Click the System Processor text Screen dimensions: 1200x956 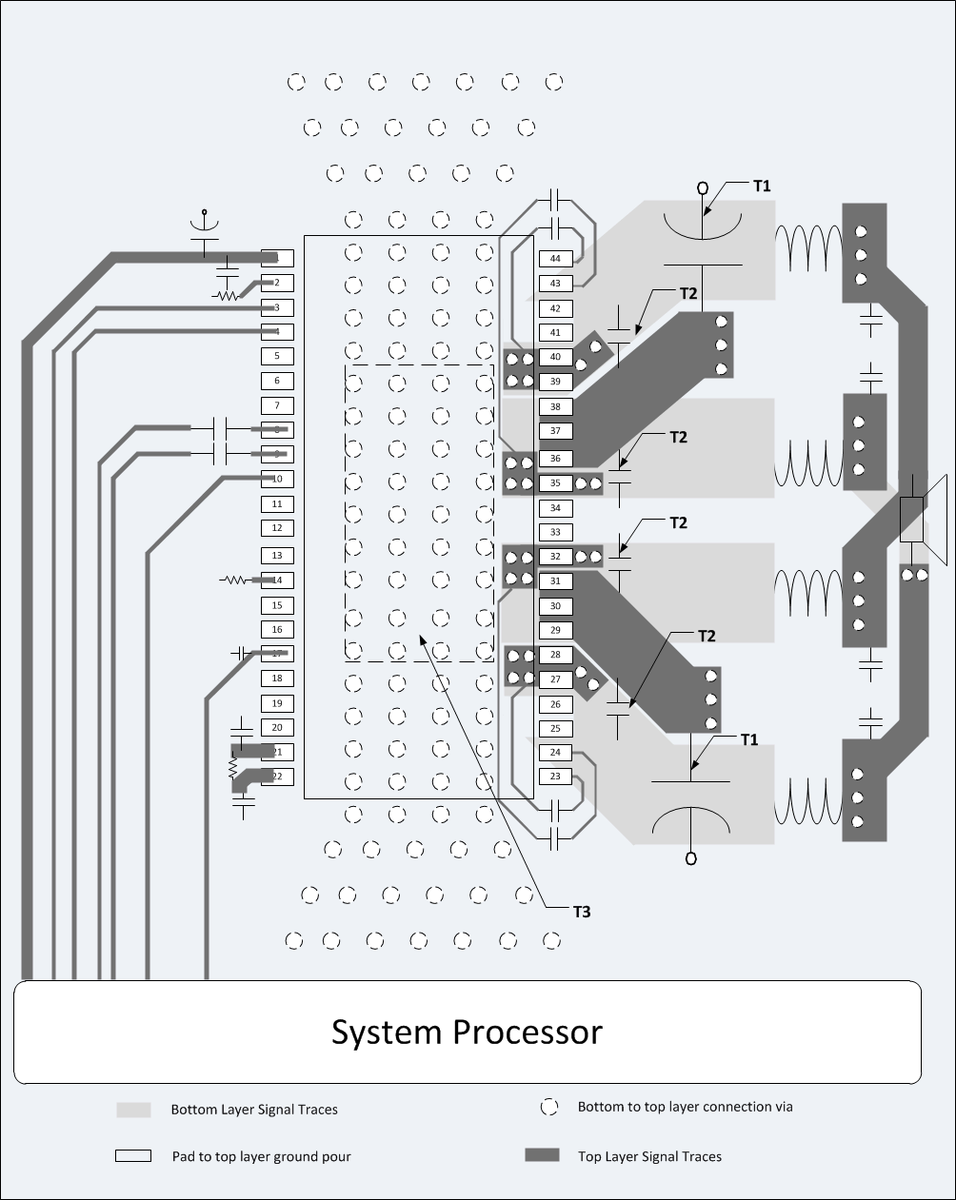[467, 1032]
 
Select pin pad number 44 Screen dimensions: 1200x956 [555, 259]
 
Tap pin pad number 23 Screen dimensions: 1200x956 [555, 777]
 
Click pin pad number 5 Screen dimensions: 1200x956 [277, 356]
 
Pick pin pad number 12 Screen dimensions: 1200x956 [277, 528]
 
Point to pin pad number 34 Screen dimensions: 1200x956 [555, 508]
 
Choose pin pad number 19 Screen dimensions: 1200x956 [277, 703]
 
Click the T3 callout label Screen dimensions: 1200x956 [581, 912]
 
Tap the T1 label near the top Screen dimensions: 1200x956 [762, 187]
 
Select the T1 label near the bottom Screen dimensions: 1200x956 [749, 739]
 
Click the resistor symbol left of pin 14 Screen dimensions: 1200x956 [234, 580]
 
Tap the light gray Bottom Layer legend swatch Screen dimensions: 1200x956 [133, 1110]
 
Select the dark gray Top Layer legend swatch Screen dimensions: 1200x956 [542, 1155]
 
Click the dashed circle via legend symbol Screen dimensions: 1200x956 [548, 1107]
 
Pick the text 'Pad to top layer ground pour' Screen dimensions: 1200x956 [261, 1156]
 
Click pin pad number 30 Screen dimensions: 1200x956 [555, 606]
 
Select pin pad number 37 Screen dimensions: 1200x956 [555, 431]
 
